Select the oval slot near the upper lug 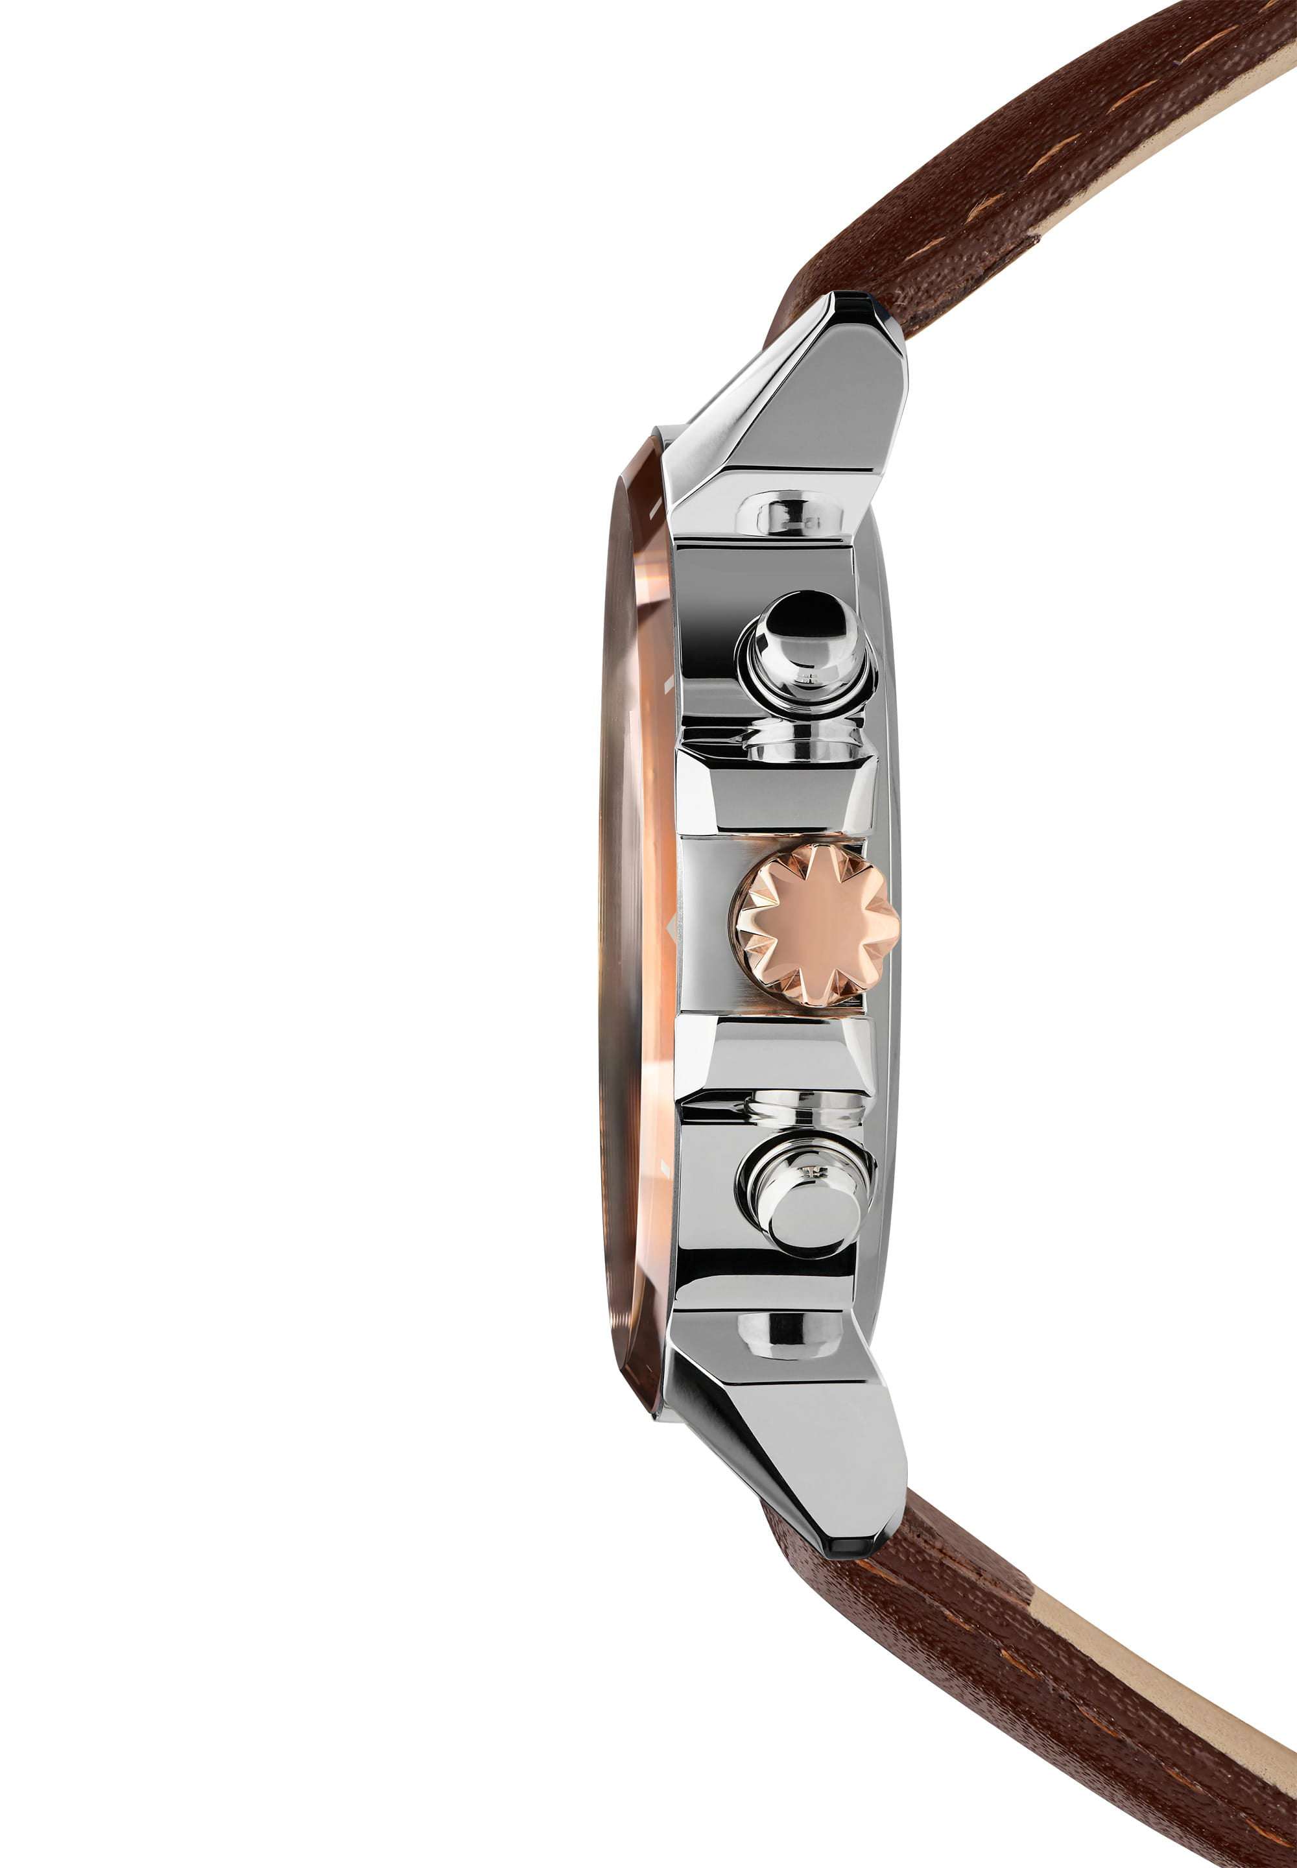point(789,514)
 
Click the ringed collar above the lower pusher point(805,1107)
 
